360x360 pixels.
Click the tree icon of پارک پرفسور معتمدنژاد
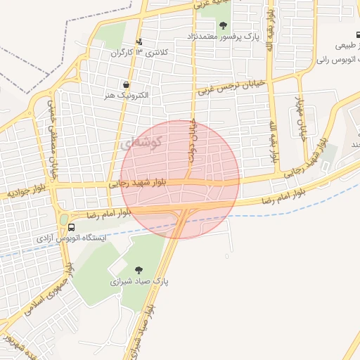(223, 25)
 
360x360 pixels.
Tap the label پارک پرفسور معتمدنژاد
(223, 36)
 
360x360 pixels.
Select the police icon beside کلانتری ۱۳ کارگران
(139, 42)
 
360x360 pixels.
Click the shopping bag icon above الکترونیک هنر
(125, 85)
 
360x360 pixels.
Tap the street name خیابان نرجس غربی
(231, 86)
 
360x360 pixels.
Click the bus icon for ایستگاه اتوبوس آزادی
(72, 227)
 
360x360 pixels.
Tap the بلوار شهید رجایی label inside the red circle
(138, 184)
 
